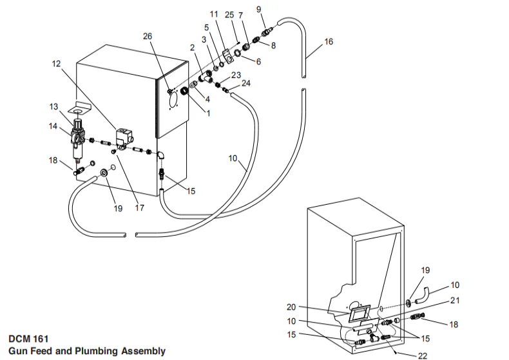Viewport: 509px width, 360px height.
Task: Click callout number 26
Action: pyautogui.click(x=148, y=36)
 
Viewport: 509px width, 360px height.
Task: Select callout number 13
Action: pyautogui.click(x=53, y=106)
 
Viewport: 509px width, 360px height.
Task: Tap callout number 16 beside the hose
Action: pyautogui.click(x=329, y=42)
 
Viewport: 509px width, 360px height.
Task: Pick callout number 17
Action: pyautogui.click(x=140, y=208)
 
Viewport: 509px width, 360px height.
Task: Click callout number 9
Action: pyautogui.click(x=259, y=8)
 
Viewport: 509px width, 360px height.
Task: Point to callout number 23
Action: pyautogui.click(x=236, y=75)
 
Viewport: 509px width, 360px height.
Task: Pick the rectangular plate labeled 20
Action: pyautogui.click(x=358, y=315)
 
